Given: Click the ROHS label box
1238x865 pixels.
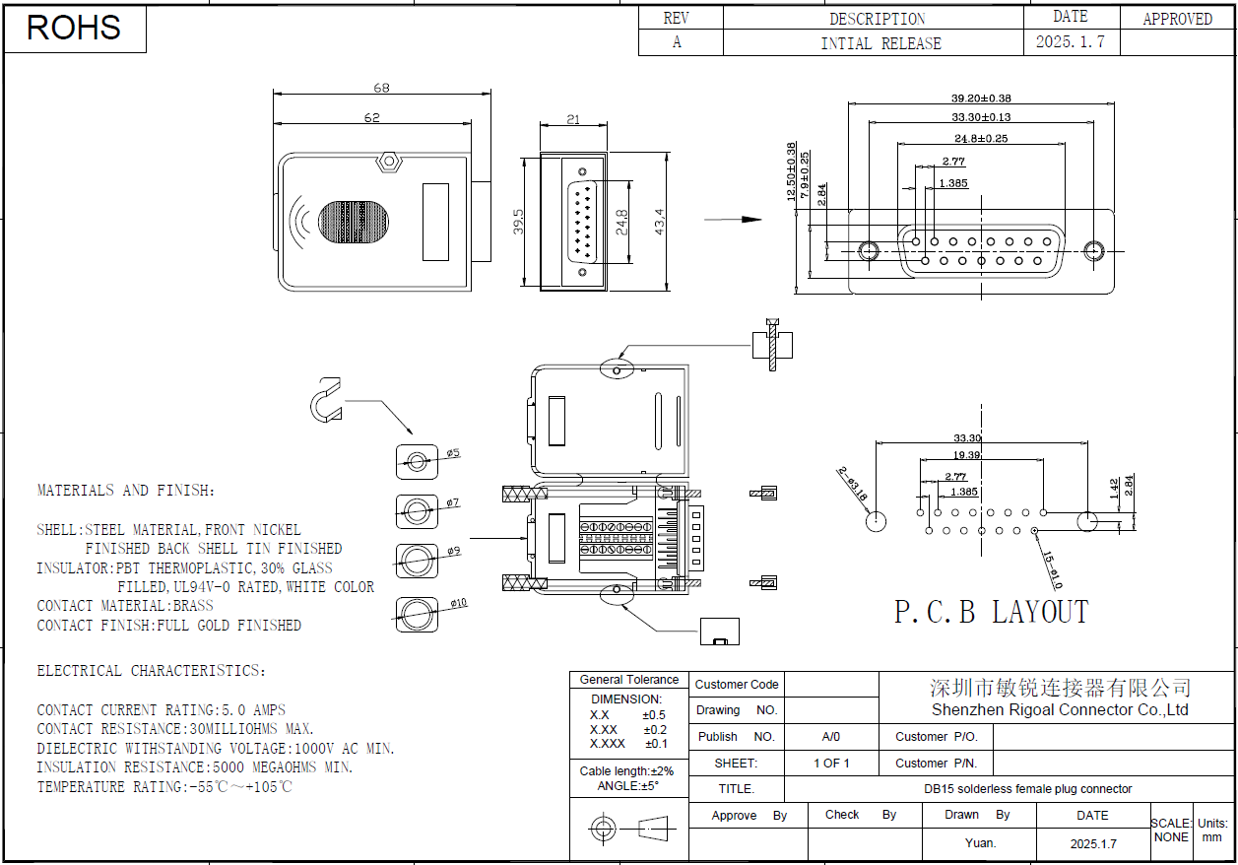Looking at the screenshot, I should click(74, 28).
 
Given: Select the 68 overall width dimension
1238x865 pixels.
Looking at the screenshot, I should click(381, 88).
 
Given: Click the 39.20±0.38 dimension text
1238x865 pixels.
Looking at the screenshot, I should click(981, 98).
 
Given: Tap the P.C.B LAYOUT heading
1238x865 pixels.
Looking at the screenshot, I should click(991, 612).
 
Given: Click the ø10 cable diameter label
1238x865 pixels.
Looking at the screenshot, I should click(458, 603).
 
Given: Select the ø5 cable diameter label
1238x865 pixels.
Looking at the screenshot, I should click(453, 453).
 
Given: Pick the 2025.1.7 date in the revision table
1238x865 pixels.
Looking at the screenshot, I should click(1070, 42).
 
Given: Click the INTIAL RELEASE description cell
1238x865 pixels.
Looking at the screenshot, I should click(880, 43).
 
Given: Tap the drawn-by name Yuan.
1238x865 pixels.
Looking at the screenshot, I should click(980, 843).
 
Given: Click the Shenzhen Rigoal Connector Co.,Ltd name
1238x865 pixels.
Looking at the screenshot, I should click(1060, 710).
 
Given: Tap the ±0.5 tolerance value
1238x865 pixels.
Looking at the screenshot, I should click(654, 715).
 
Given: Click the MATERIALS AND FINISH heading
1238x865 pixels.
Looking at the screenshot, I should click(126, 491).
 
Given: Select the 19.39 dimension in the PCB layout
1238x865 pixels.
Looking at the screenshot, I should click(966, 455).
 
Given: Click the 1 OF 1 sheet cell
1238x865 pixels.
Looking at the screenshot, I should click(831, 764).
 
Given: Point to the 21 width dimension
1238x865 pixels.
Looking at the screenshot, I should click(573, 119).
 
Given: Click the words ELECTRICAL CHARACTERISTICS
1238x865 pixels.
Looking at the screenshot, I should click(151, 671).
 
